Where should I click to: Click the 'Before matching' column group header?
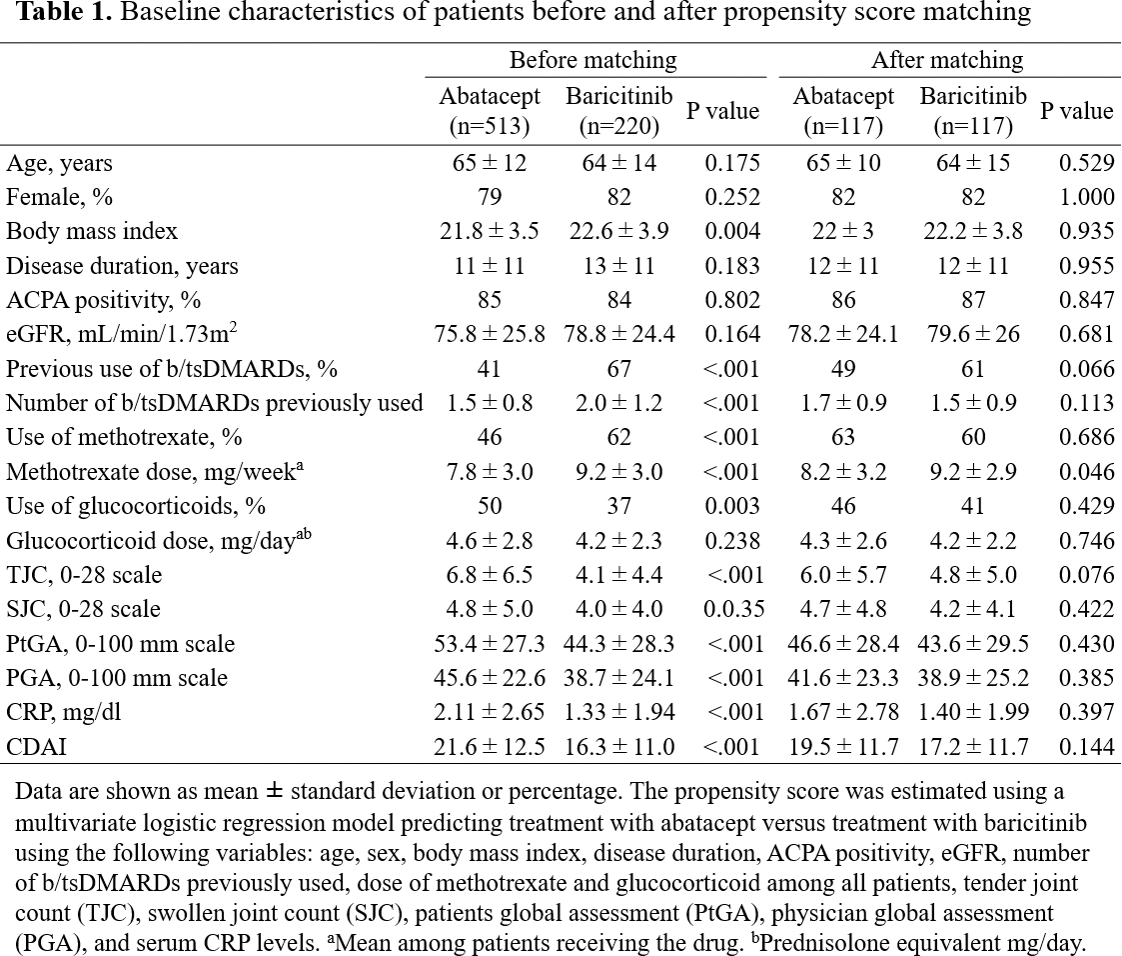tap(592, 60)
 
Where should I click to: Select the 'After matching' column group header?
tap(947, 60)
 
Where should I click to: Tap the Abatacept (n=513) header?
tap(490, 111)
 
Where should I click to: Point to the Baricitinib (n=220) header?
tap(619, 111)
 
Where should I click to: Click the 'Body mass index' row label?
tap(92, 231)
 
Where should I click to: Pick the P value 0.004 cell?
tap(731, 231)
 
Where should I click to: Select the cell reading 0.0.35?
tap(731, 609)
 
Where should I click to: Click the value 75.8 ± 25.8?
tap(490, 334)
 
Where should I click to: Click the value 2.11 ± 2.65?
tap(490, 712)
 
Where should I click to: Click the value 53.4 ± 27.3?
tap(490, 644)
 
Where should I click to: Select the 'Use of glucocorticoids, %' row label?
tap(126, 506)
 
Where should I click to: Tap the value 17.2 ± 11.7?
tap(972, 746)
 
